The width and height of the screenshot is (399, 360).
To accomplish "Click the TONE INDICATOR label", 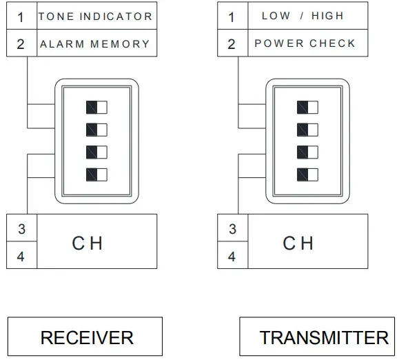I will (x=95, y=16).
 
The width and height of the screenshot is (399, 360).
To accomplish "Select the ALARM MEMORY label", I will (x=95, y=43).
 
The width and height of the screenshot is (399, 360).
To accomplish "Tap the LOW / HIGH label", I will (x=303, y=16).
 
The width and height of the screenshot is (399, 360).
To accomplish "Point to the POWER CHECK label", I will (x=305, y=43).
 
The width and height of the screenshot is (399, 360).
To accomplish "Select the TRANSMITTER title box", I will (x=323, y=337).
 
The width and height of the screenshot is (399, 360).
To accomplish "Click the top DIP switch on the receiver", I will (x=97, y=107).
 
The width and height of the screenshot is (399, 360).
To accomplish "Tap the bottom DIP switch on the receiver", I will (x=97, y=174).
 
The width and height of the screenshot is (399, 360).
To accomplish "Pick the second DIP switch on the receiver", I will (x=97, y=130).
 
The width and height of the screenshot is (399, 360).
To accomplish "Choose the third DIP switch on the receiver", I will (x=97, y=152).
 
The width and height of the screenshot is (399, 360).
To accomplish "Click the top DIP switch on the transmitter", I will (x=308, y=107).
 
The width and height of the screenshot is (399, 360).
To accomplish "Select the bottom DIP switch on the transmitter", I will (x=308, y=174).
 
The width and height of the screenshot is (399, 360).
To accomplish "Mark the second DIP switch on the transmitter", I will (x=308, y=130).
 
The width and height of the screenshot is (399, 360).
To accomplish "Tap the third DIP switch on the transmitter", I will (x=308, y=152).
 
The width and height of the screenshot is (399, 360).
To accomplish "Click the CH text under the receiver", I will (x=87, y=243).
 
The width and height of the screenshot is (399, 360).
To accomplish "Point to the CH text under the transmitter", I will (x=298, y=243).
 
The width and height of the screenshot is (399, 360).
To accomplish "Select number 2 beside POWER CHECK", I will (x=232, y=44).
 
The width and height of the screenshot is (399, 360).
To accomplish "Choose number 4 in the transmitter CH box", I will (x=232, y=257).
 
